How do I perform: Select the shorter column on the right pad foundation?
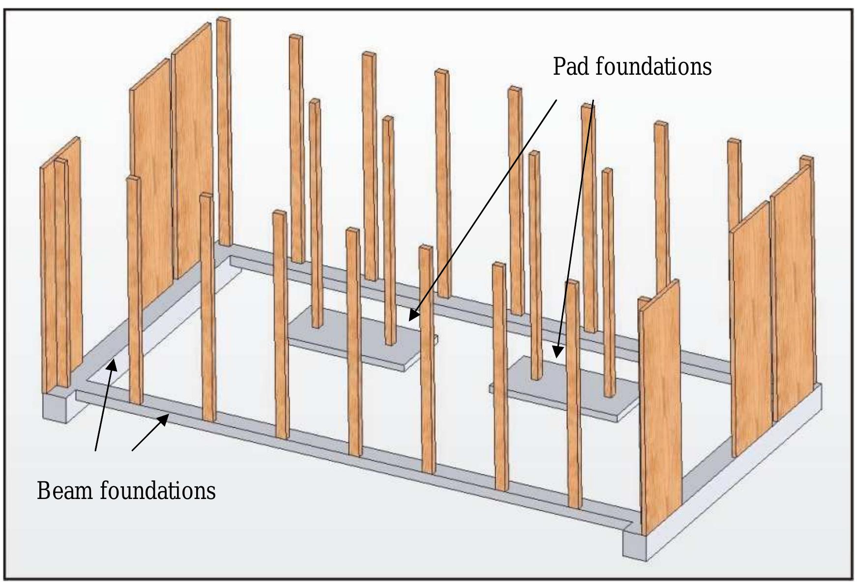608,280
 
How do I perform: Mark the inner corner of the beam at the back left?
231,258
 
